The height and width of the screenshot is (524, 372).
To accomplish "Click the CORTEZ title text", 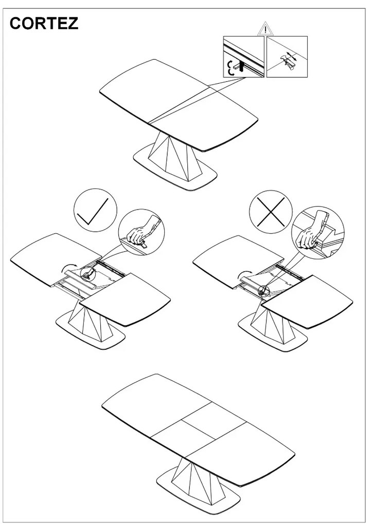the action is coord(44,24).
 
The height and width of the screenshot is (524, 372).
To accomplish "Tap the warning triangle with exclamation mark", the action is coord(265,29).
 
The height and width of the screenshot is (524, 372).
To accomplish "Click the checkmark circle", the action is coord(95,210).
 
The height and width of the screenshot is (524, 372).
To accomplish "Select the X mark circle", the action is coord(271,212).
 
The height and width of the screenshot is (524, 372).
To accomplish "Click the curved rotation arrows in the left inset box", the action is coord(230,67).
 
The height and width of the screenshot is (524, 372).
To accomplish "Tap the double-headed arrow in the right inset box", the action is coord(292,56).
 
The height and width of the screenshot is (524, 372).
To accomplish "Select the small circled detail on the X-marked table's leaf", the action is coord(264,290).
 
